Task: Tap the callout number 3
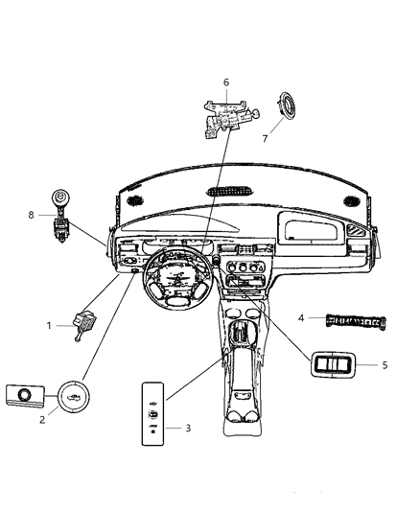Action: tap(188, 428)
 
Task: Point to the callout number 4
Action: tap(301, 317)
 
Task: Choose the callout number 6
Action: tap(225, 82)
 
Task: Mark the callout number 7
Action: tap(265, 138)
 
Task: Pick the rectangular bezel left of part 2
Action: tap(25, 393)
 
